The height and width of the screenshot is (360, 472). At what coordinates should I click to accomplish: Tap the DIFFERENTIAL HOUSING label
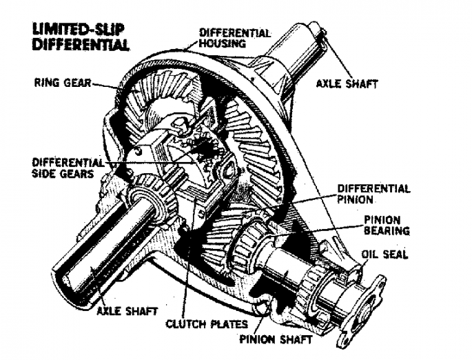[234, 38]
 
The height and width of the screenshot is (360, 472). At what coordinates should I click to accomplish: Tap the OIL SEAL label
[384, 255]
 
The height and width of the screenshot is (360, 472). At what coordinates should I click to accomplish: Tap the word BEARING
[387, 230]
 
